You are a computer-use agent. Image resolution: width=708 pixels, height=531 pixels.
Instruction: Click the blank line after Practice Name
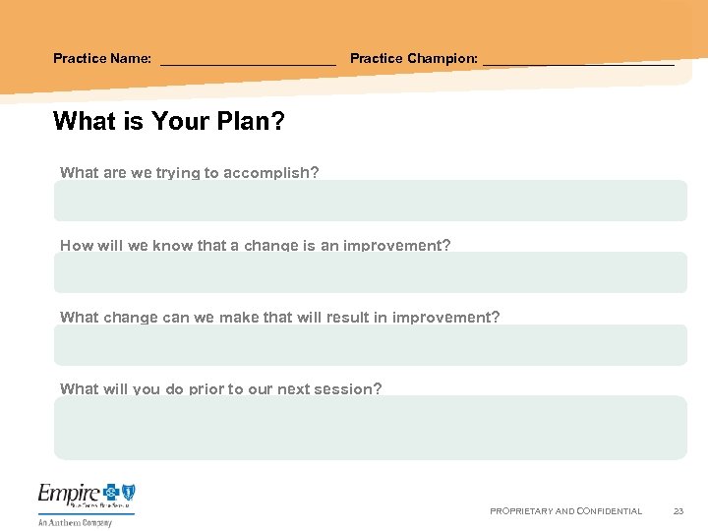tap(248, 62)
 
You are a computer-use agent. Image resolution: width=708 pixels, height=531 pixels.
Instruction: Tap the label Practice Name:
tap(102, 58)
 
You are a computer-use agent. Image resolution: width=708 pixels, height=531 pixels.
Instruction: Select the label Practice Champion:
tap(414, 58)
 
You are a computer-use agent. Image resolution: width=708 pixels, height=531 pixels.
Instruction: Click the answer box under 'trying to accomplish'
tap(370, 202)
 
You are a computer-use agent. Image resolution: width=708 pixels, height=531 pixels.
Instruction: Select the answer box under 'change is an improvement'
tap(370, 273)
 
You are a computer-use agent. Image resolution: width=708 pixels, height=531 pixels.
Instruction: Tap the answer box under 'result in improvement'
tap(370, 345)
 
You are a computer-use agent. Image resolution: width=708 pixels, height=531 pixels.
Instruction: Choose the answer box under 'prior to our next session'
tap(370, 428)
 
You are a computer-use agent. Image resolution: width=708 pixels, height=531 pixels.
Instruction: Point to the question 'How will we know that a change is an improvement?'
tap(256, 245)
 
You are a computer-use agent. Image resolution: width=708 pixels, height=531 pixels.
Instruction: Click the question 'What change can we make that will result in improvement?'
tap(279, 317)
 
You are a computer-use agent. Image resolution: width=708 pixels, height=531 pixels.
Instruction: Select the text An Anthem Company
tap(75, 523)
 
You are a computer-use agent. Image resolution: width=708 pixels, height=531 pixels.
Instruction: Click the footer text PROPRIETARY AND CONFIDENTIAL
tap(565, 511)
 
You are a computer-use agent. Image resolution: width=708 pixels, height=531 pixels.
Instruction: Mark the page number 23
tap(678, 511)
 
